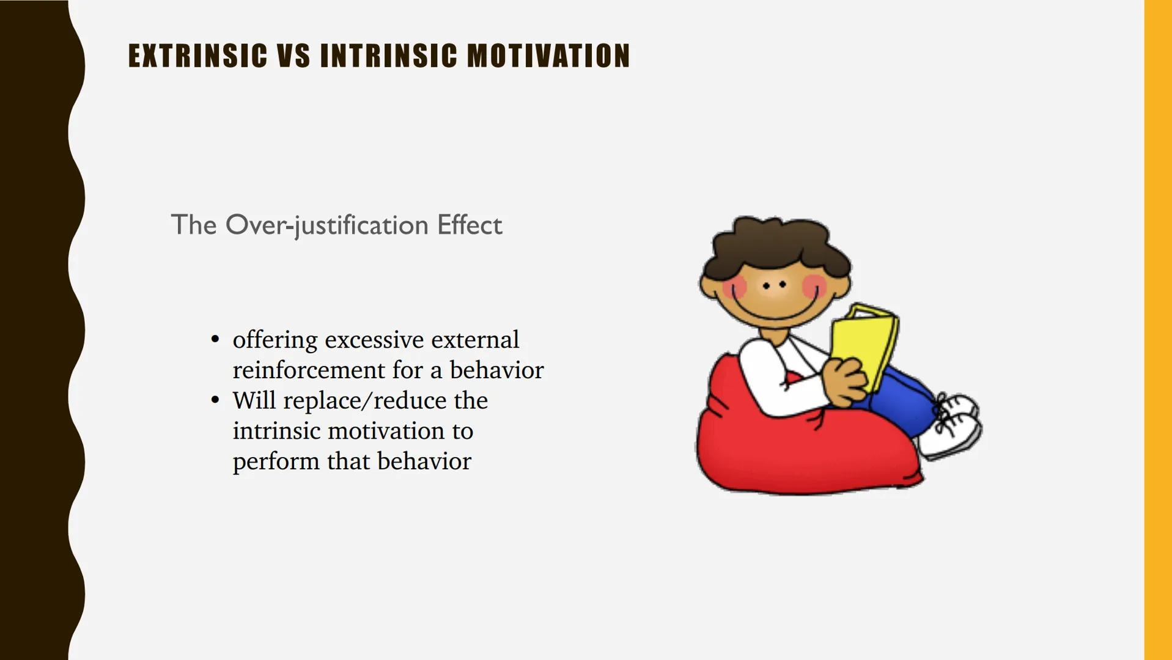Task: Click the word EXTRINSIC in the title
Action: [x=197, y=56]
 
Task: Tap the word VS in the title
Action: [x=293, y=56]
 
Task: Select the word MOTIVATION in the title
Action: [x=548, y=56]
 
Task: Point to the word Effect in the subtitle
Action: [x=469, y=225]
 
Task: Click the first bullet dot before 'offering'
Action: [x=215, y=339]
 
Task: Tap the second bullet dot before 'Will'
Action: [x=215, y=400]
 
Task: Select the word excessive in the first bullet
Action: [x=374, y=340]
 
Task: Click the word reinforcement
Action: [x=309, y=370]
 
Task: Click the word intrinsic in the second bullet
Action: [x=277, y=431]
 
